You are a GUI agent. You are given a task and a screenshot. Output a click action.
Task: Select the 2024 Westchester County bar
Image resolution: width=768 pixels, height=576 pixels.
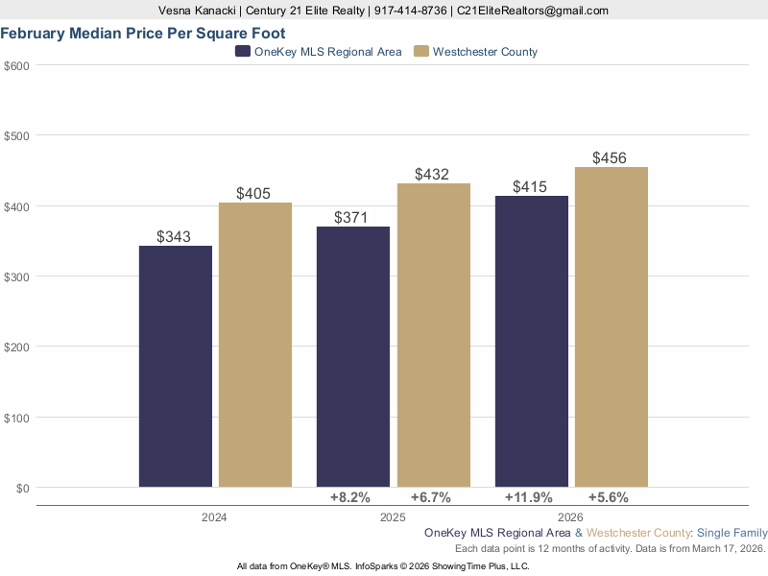point(255,345)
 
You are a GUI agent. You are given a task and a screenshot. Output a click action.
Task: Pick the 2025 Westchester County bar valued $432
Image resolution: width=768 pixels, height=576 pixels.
point(434,335)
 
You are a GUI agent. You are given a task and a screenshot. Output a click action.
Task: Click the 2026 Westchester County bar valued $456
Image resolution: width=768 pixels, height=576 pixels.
point(612,327)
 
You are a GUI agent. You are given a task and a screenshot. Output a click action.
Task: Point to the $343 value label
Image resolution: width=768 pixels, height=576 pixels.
point(176,236)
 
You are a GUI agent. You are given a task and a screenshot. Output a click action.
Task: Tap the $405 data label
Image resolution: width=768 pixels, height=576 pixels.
point(255,193)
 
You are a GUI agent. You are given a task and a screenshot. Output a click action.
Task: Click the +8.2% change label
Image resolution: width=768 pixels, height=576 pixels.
point(349,497)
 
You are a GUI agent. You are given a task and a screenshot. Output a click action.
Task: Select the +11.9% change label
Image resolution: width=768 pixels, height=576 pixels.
point(528,497)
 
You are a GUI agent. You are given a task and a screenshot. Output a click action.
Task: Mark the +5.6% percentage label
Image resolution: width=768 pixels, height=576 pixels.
point(608,497)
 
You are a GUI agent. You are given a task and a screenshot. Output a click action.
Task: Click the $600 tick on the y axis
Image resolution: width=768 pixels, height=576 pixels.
point(17,65)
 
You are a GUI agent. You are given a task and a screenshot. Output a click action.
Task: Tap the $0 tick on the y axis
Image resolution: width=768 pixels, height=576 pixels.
point(22,488)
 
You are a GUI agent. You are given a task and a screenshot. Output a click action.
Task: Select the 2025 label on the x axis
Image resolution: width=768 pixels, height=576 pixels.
point(392,517)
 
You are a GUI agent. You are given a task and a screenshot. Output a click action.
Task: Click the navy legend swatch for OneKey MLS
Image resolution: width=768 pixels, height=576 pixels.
point(243,52)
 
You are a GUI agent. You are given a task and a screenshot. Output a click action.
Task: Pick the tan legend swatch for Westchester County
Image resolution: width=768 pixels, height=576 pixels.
point(420,52)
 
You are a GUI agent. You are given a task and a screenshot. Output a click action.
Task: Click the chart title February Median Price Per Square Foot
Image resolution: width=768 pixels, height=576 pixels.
point(142,33)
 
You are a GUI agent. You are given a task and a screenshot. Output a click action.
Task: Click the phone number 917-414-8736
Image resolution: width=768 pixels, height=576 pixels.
point(411,11)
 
